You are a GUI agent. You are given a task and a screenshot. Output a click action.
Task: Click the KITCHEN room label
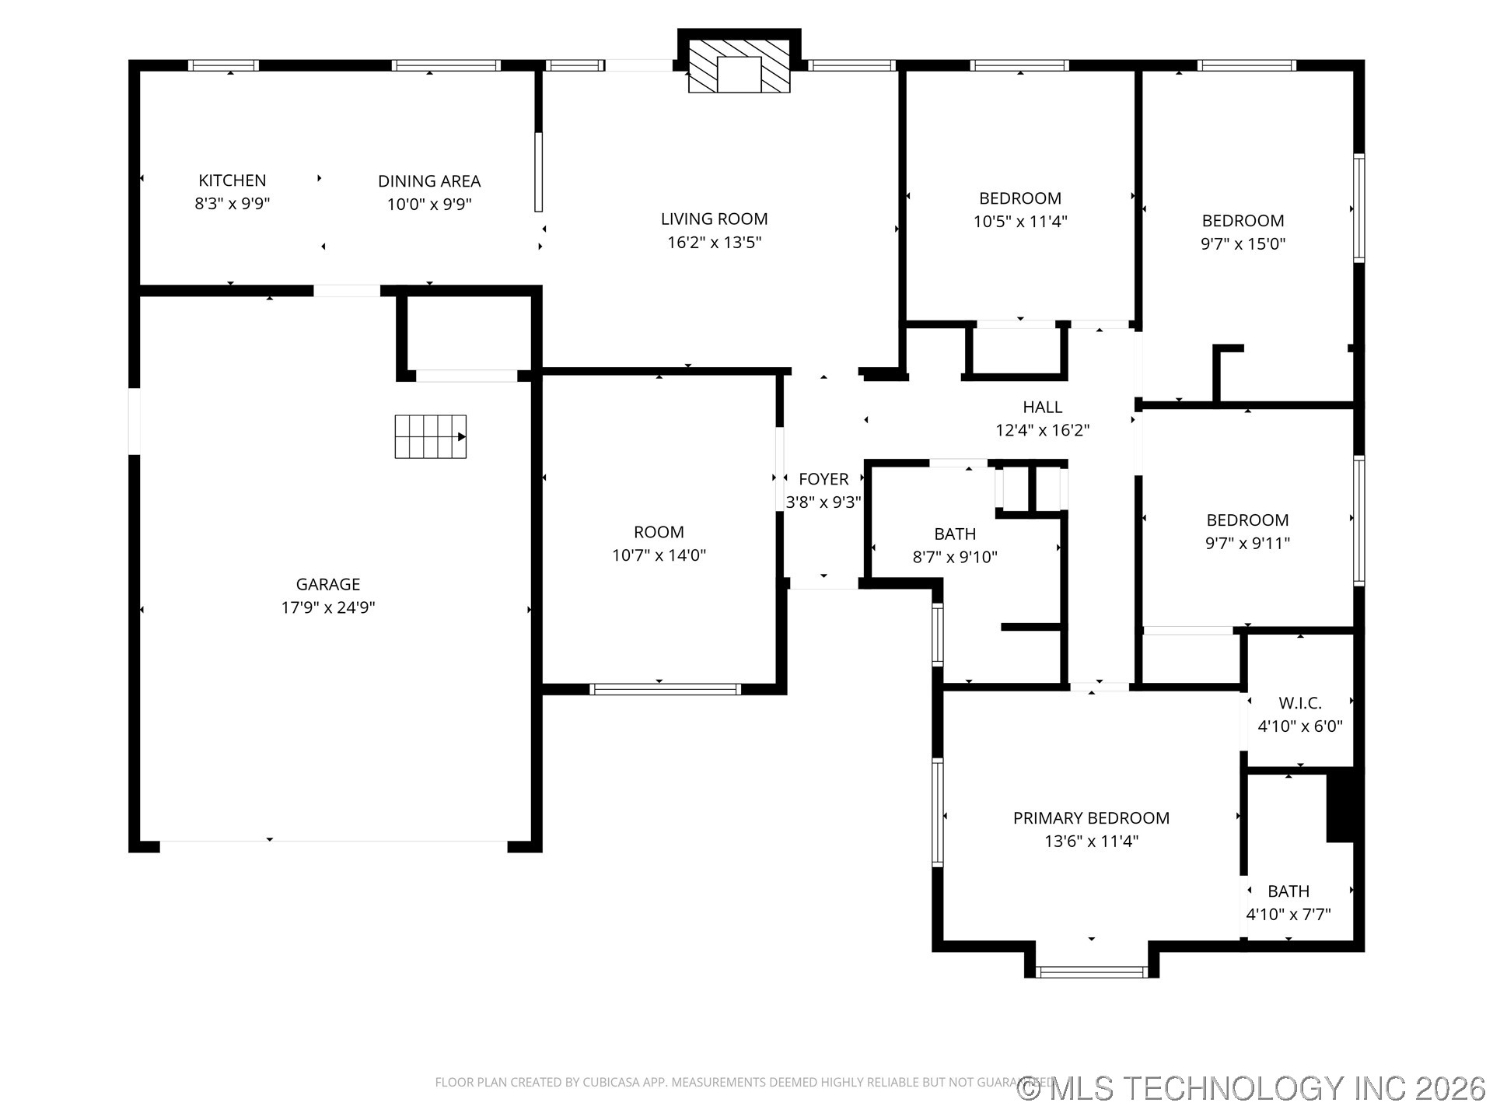[x=232, y=180]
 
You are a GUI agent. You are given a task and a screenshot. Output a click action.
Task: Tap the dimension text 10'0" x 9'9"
[x=429, y=205]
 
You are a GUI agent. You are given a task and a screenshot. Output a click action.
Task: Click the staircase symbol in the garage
[x=430, y=436]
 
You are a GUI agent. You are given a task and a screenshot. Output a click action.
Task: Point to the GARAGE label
[x=327, y=584]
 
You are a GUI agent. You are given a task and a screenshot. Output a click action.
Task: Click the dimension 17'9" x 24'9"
[x=327, y=607]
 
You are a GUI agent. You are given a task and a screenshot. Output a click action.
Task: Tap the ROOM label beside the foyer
[x=659, y=532]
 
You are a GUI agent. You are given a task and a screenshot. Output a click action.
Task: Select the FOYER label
[x=823, y=479]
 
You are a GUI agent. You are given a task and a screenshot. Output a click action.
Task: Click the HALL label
[x=1042, y=407]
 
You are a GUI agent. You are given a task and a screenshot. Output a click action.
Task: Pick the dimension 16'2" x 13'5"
[x=714, y=243]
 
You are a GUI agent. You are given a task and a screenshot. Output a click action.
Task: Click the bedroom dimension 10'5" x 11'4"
[x=1020, y=222]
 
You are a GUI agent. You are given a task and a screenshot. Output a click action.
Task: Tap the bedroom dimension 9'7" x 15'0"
[x=1243, y=243]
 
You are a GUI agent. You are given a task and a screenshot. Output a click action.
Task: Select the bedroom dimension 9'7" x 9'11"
[x=1247, y=544]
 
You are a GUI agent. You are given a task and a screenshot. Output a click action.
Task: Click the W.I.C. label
[x=1300, y=703]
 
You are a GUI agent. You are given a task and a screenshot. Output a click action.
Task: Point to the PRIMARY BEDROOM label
[x=1091, y=818]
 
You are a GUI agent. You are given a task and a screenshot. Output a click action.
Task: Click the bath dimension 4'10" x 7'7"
[x=1288, y=915]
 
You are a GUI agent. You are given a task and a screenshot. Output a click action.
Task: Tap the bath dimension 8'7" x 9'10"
[x=955, y=558]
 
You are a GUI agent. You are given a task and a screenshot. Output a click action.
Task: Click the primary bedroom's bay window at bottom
[x=1092, y=971]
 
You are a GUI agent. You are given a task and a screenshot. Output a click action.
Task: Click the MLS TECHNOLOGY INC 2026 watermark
[x=1252, y=1088]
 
